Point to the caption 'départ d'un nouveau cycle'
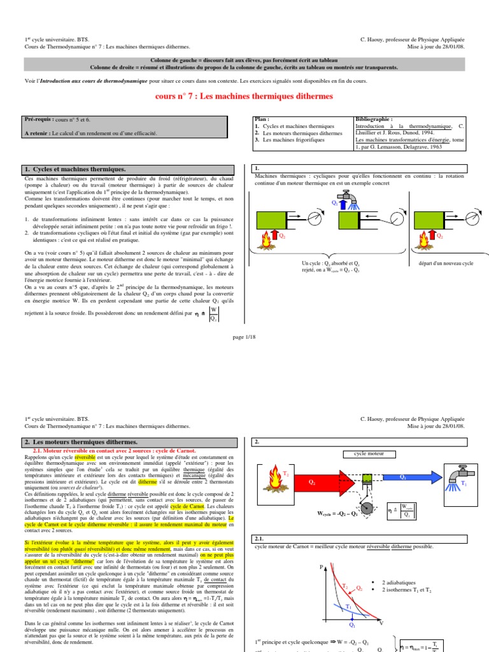coord(446,263)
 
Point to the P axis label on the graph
coord(322,567)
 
